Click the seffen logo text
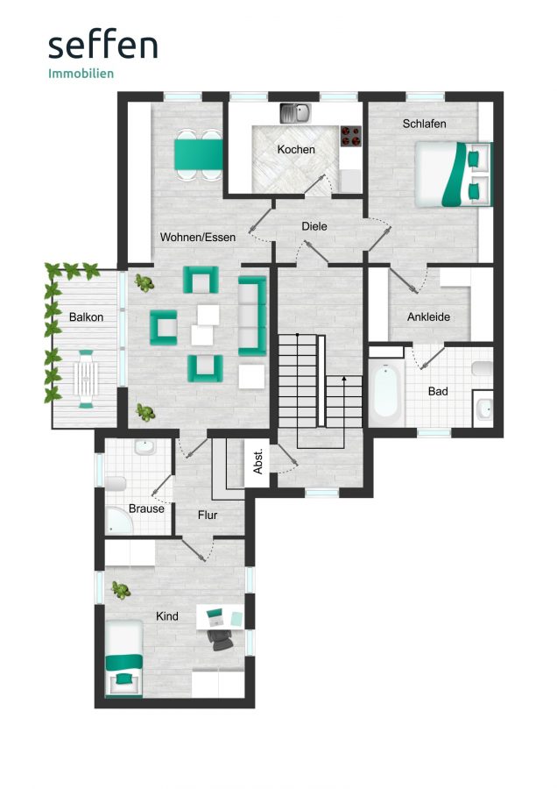103,46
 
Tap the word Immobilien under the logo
81,74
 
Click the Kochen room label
296,149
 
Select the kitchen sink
295,113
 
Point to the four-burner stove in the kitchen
351,136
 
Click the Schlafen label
424,124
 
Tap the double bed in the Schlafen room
453,174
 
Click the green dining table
199,155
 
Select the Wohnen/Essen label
198,237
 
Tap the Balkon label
86,317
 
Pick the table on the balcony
86,379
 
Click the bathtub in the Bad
386,391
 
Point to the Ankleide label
428,317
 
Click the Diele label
314,226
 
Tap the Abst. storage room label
257,461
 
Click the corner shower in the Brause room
119,521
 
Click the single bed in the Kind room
123,657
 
